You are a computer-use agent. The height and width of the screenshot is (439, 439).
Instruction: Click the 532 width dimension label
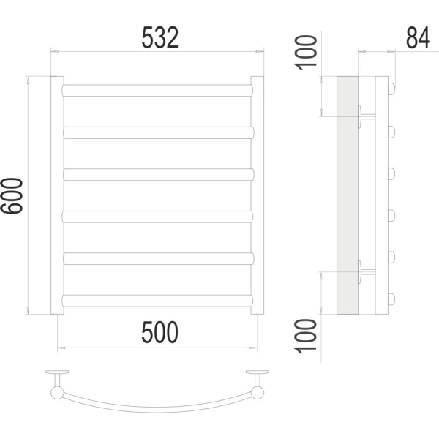pos(160,38)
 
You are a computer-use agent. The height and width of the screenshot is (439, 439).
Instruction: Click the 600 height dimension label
pos(12,195)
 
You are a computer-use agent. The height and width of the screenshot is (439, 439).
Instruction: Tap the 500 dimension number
pos(160,332)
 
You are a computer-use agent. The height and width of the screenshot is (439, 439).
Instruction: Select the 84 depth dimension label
pos(418,38)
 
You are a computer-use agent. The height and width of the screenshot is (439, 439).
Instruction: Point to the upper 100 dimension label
pos(306,53)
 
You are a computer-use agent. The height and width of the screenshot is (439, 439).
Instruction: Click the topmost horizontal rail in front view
pos(157,91)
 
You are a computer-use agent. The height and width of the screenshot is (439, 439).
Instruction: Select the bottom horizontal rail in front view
pos(157,301)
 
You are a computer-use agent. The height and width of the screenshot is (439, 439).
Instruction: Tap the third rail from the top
pos(159,174)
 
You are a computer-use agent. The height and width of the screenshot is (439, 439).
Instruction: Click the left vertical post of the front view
pos(57,195)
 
